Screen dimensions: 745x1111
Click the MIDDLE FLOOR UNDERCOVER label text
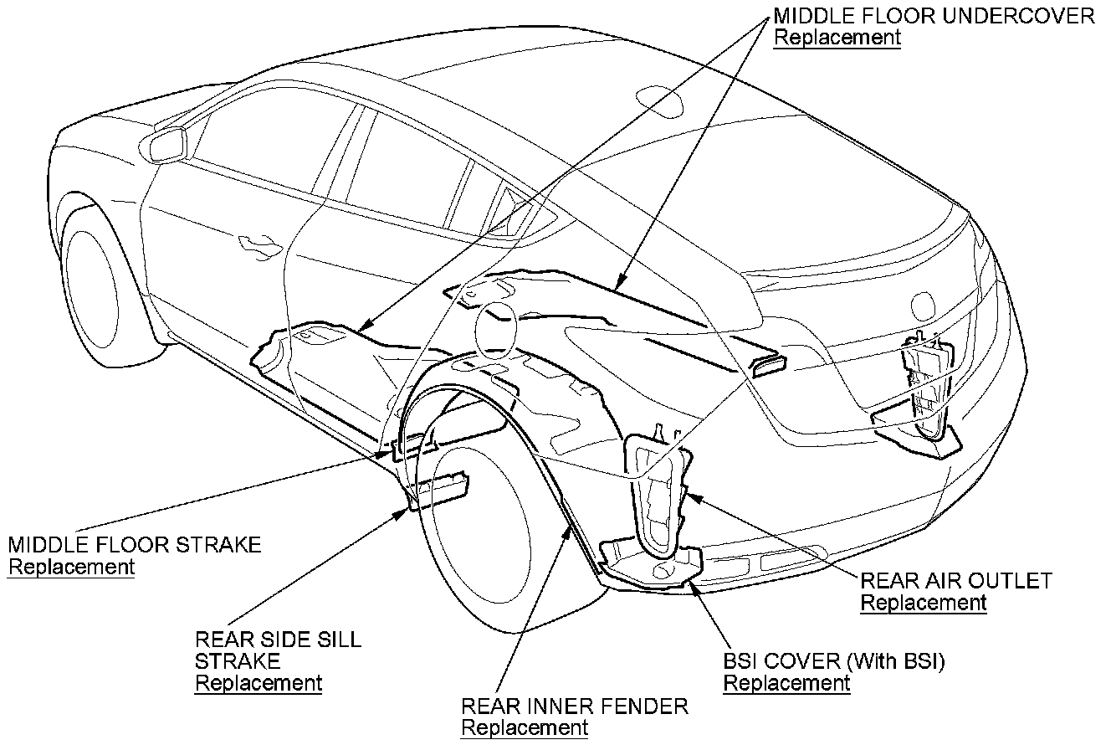coord(934,16)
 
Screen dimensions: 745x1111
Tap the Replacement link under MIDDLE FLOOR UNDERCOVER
coord(837,39)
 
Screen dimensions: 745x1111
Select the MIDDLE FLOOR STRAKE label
coord(135,545)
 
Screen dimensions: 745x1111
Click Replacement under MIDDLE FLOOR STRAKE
coord(71,567)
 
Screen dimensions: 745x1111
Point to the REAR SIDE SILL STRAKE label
coord(278,650)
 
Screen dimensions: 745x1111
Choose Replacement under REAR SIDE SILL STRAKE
coord(259,683)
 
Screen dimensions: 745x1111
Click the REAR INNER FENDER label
coord(575,706)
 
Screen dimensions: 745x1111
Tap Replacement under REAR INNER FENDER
coord(525,728)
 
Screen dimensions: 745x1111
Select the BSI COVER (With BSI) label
coord(834,661)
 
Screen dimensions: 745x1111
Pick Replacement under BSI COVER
coord(786,683)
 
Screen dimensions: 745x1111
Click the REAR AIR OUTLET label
coord(956,581)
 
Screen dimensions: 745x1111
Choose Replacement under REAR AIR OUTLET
coord(924,603)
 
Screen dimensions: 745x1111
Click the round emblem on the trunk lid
coord(924,303)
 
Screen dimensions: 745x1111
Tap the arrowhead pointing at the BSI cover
coord(691,585)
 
